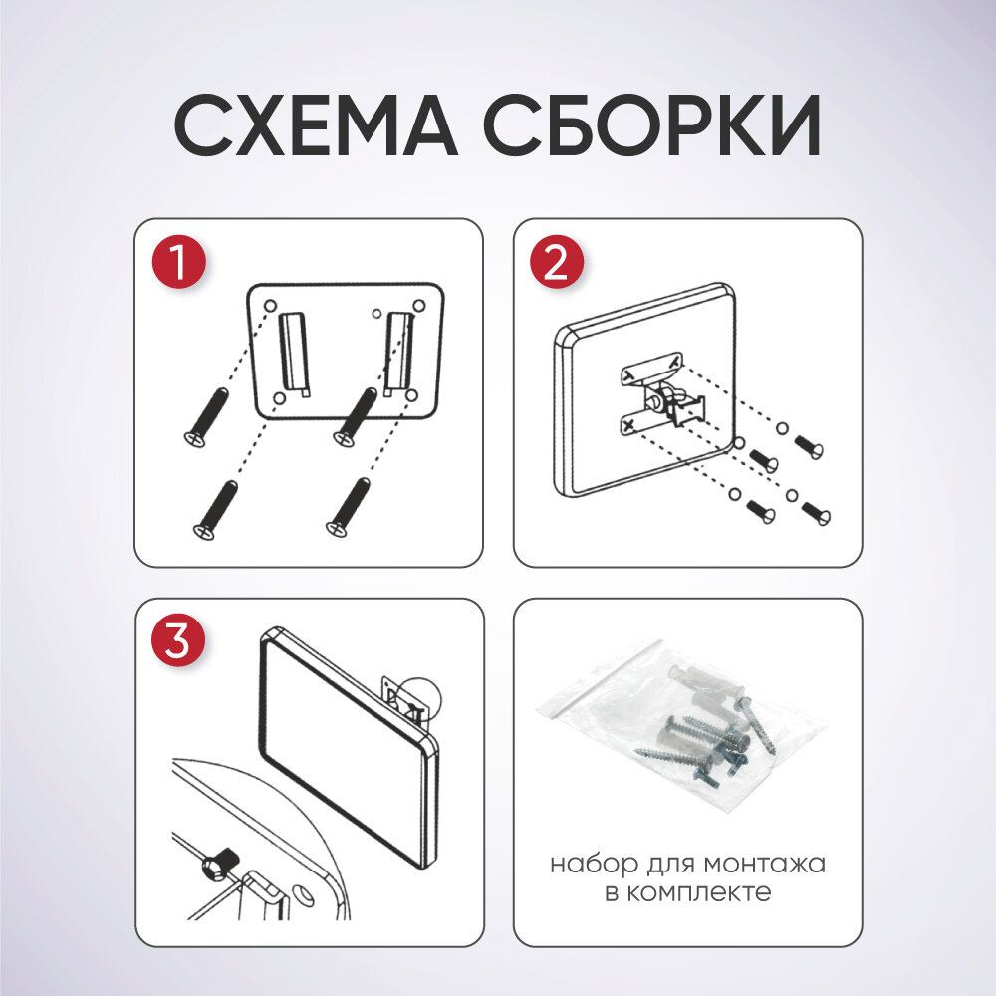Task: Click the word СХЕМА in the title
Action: (316, 125)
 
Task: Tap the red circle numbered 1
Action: (179, 262)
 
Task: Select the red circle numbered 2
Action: (557, 262)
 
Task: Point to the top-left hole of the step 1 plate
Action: (270, 304)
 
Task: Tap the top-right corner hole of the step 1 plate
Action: (419, 306)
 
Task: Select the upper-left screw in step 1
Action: (206, 417)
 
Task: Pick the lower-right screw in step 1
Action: (348, 507)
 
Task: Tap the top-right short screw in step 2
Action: (809, 446)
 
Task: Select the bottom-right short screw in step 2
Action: (817, 513)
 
